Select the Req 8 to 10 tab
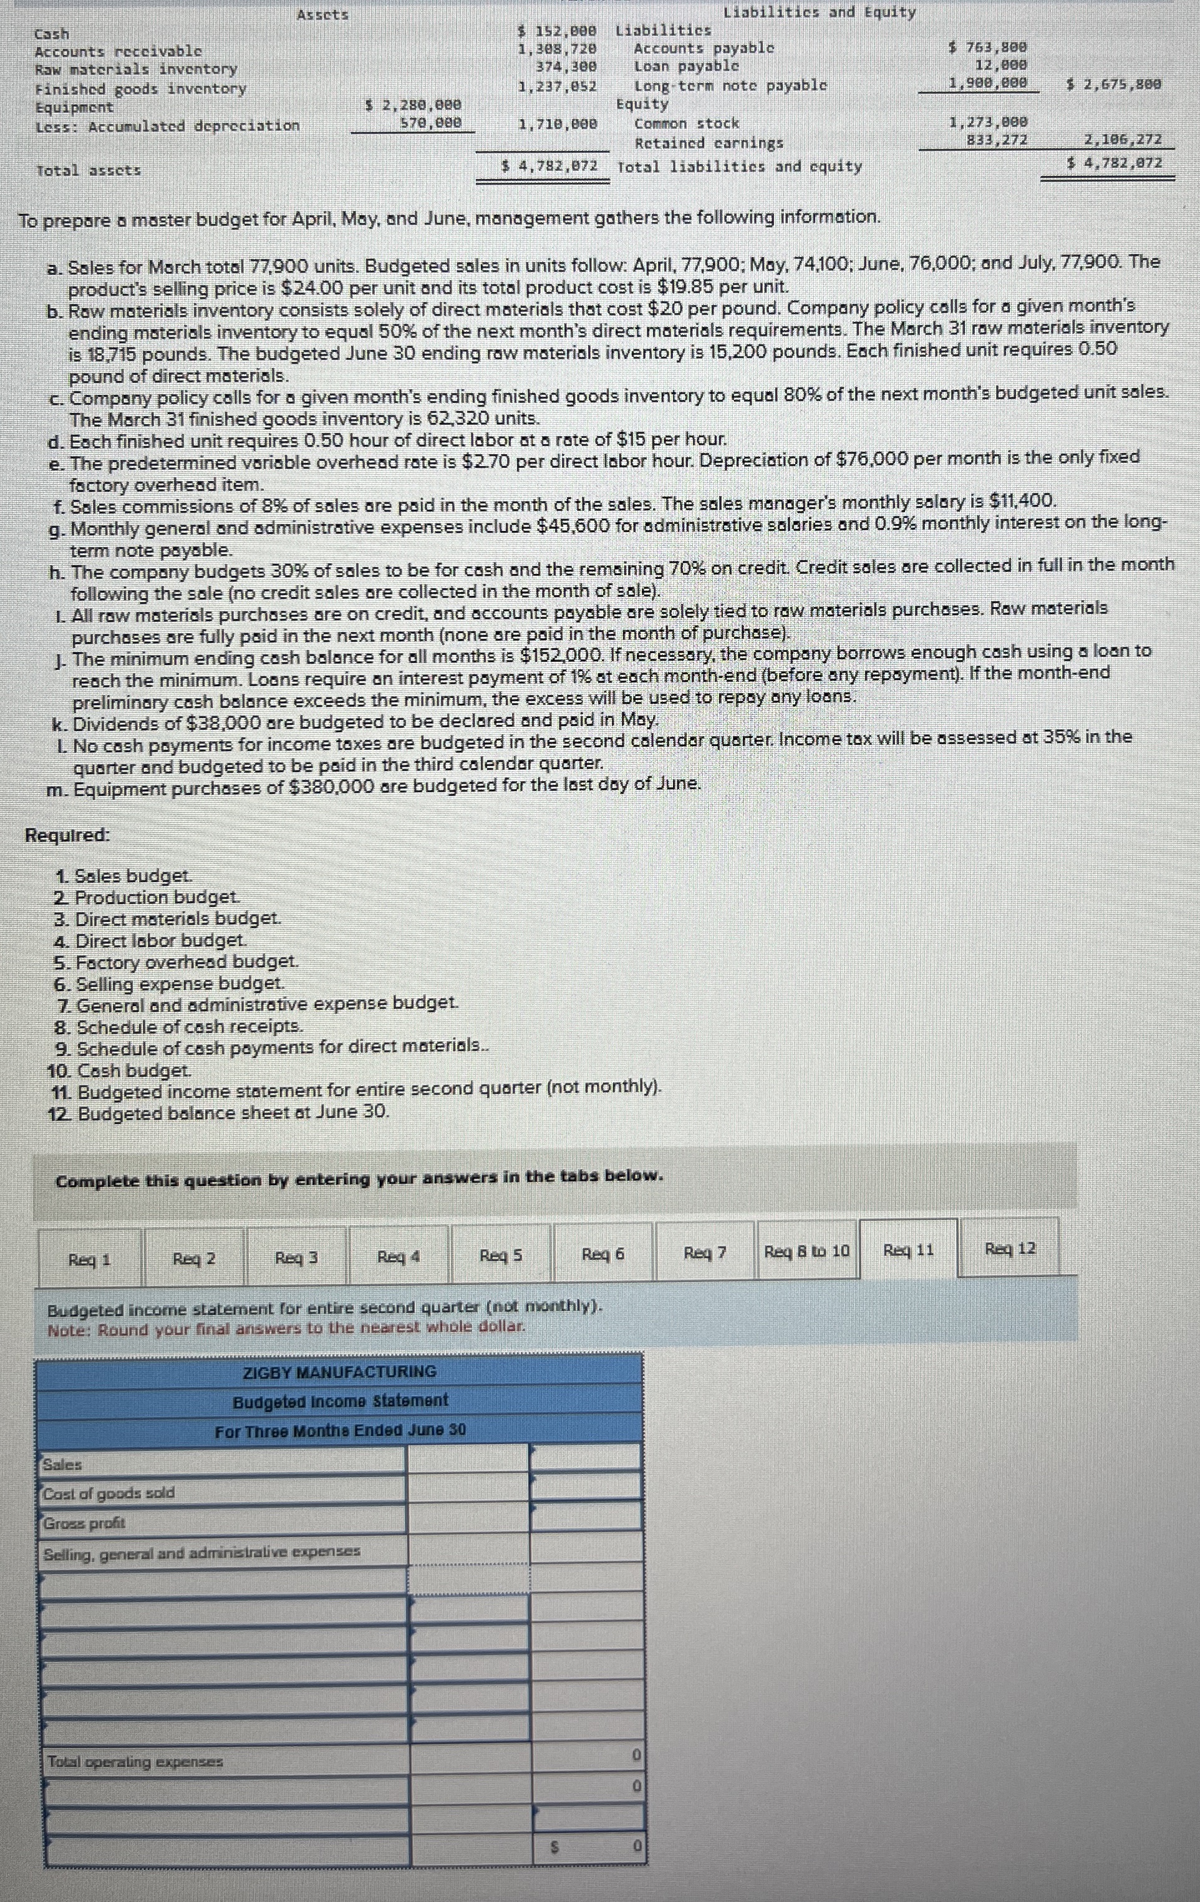tap(807, 1252)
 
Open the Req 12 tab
tap(1010, 1249)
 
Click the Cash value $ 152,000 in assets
tap(556, 32)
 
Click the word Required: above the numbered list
tap(68, 835)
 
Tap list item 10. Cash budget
tap(119, 1071)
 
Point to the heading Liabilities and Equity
tap(819, 12)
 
